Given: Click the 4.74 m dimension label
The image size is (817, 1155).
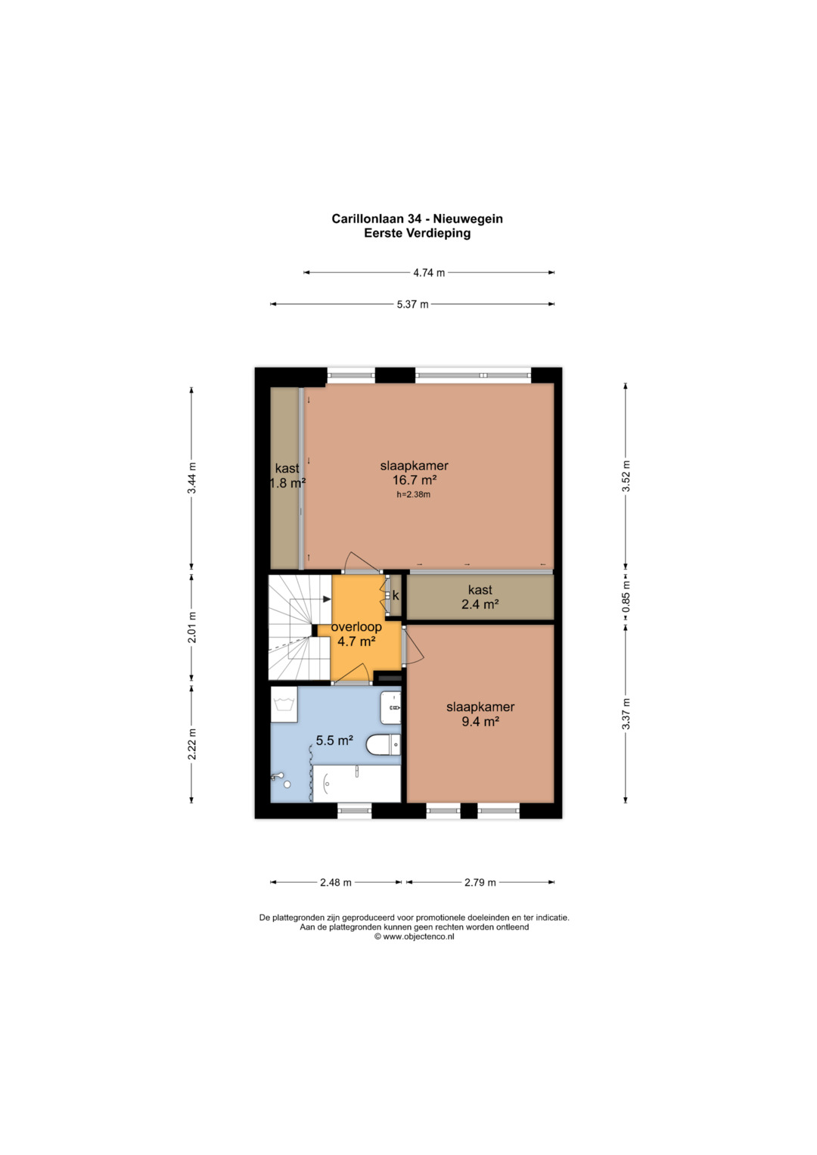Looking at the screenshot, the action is click(x=429, y=273).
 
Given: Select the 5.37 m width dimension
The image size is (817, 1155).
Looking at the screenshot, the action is click(x=412, y=304).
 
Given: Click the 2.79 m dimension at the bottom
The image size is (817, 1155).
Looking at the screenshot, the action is click(x=480, y=882).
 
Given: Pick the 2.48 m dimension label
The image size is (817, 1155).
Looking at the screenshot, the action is click(x=335, y=882).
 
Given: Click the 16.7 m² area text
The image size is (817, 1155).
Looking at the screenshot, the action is click(x=415, y=480).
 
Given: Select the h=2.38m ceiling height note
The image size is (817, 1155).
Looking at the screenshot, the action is click(x=413, y=495).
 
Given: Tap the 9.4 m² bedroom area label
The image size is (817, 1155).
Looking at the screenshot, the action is click(x=480, y=722).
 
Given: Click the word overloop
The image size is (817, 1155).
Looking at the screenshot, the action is click(x=356, y=627).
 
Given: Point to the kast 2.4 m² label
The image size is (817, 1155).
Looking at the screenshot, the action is click(x=480, y=597).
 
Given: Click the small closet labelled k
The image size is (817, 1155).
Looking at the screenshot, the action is click(x=396, y=595).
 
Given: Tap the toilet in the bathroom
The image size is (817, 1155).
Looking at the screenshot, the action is click(x=384, y=744).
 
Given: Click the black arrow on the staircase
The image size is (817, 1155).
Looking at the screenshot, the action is click(x=327, y=599).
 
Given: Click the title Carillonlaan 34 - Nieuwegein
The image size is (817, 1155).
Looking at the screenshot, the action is click(x=417, y=219).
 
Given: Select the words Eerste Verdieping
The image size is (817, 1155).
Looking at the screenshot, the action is click(x=418, y=233).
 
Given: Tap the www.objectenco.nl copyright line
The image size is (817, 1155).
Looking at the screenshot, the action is click(x=415, y=936).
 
